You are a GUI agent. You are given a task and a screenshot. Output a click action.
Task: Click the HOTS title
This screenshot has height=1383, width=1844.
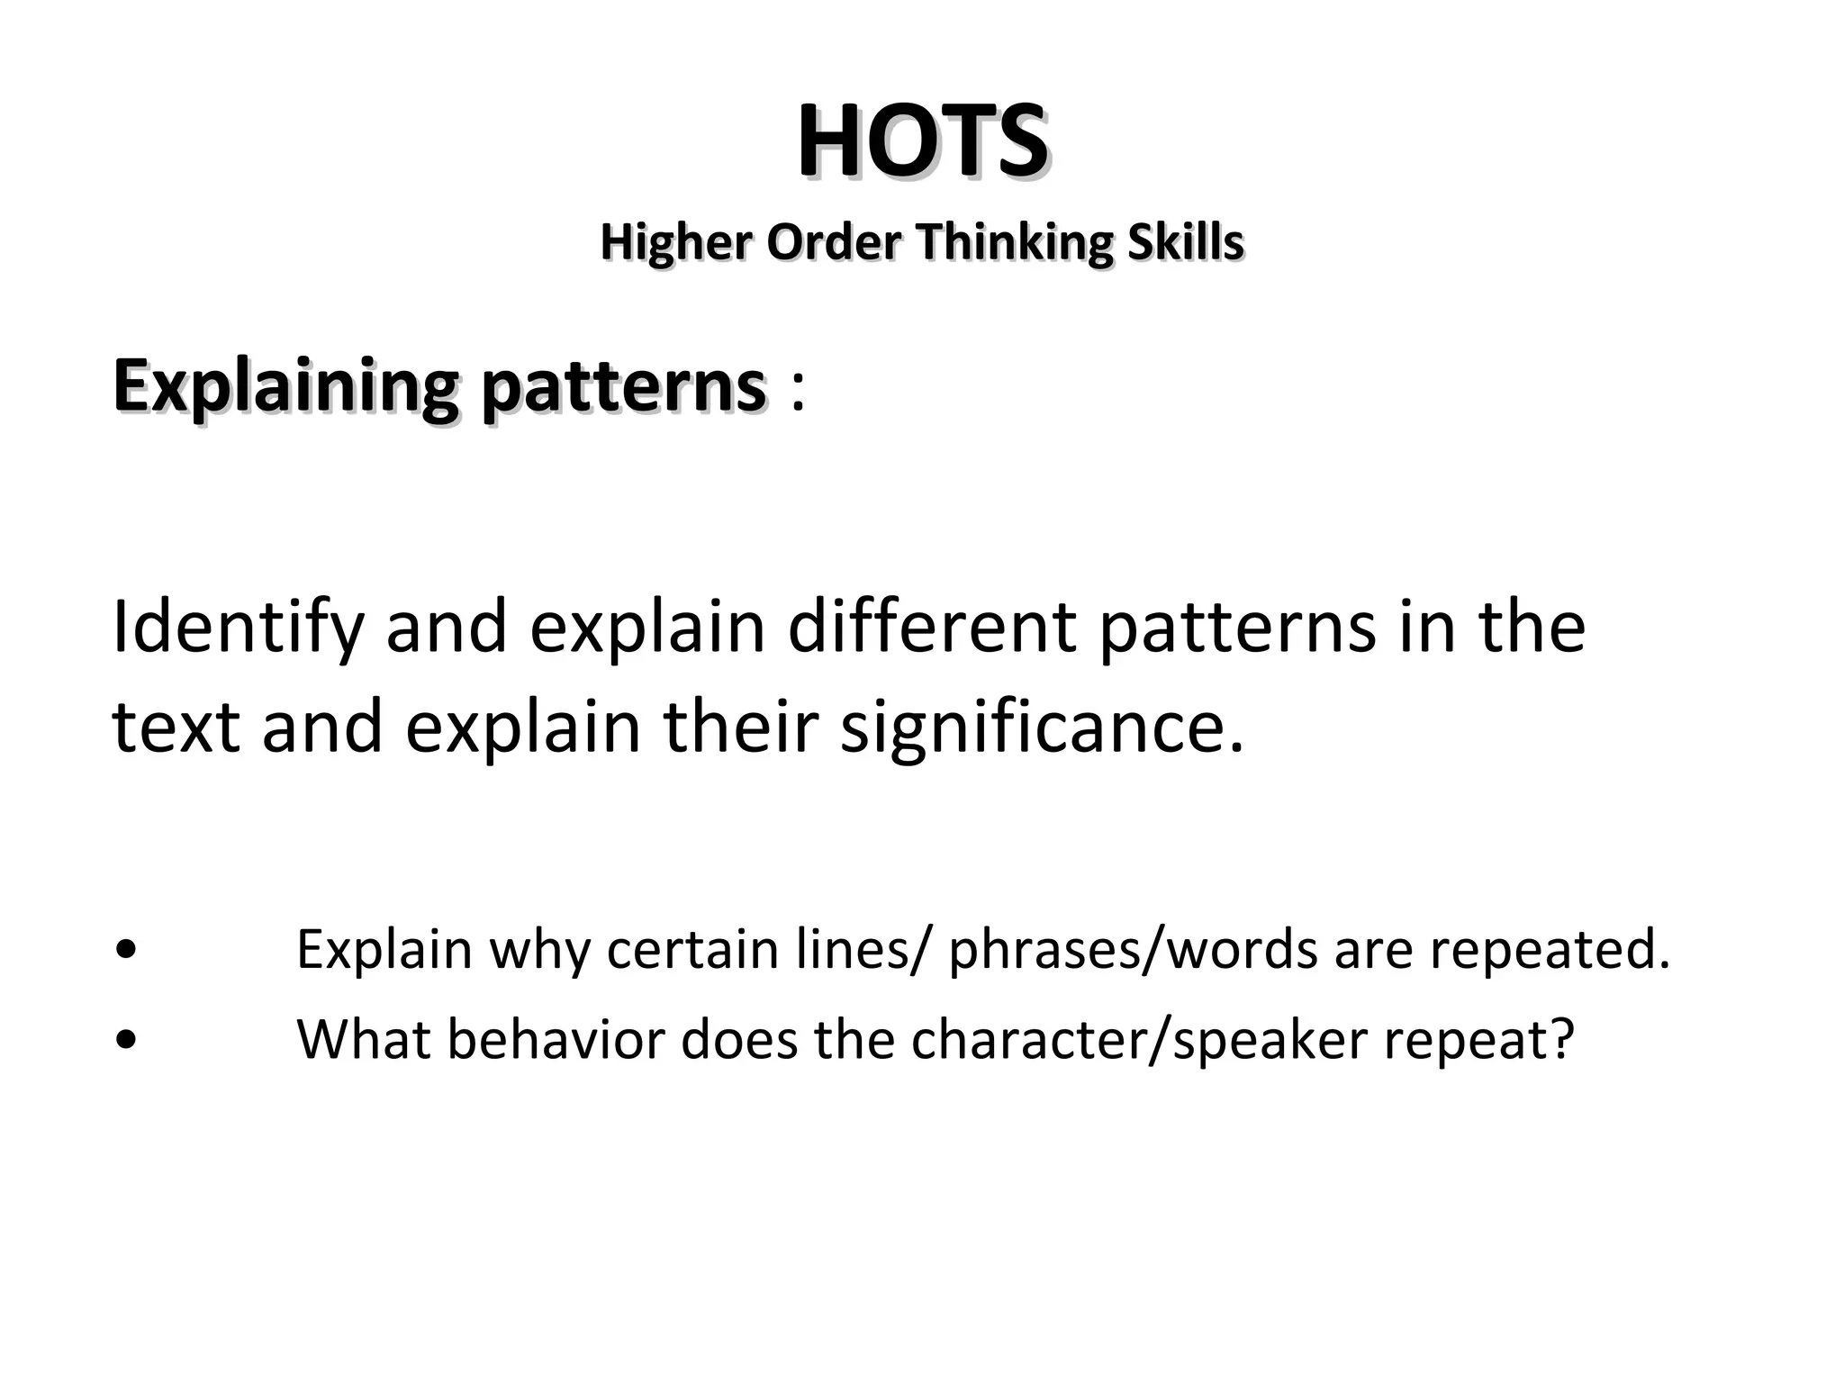coord(922,142)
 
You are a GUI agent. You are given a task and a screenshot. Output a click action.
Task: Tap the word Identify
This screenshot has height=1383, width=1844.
coord(237,628)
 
